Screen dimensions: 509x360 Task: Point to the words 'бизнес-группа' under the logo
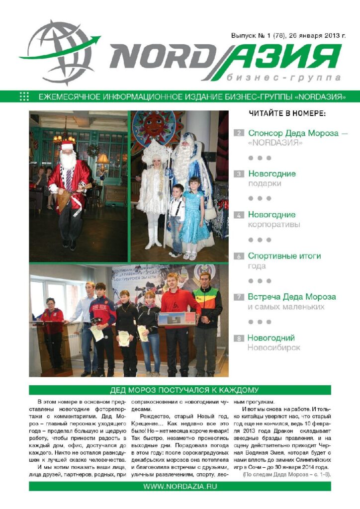tap(283, 79)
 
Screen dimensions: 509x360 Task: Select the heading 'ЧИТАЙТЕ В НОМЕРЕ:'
tap(287, 114)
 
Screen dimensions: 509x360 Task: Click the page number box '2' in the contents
tap(239, 133)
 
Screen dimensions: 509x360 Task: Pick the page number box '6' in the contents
tap(239, 256)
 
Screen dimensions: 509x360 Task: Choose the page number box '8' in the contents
tap(239, 339)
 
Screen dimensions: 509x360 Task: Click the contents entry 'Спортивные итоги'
tap(284, 256)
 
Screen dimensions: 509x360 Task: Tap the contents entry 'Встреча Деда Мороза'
tap(291, 297)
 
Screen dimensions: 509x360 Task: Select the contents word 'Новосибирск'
tap(273, 348)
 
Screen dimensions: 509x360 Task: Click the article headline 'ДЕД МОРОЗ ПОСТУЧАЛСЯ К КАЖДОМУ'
tap(180, 390)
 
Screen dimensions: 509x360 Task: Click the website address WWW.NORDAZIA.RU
tap(180, 486)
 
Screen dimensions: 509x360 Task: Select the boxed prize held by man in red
tap(177, 319)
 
